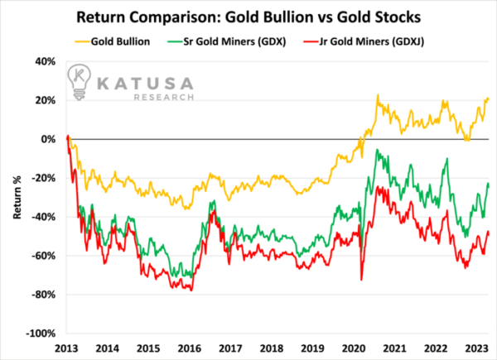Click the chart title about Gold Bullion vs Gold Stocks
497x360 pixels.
pyautogui.click(x=248, y=17)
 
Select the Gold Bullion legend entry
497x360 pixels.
pyautogui.click(x=112, y=41)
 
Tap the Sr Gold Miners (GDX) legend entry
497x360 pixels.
pyautogui.click(x=226, y=41)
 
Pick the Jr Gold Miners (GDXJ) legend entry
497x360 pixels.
pyautogui.click(x=364, y=41)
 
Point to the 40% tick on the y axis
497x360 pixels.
pyautogui.click(x=45, y=61)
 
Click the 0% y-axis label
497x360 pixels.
pyautogui.click(x=49, y=139)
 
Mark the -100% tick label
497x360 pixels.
pyautogui.click(x=41, y=334)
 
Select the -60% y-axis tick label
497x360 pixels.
pyautogui.click(x=43, y=256)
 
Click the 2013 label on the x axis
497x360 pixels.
pyautogui.click(x=66, y=348)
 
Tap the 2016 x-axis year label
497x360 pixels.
pyautogui.click(x=190, y=348)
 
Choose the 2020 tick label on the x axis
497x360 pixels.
pyautogui.click(x=354, y=348)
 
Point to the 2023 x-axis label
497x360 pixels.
pyautogui.click(x=477, y=348)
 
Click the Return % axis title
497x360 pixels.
pyautogui.click(x=17, y=197)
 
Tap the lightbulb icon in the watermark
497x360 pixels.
pyautogui.click(x=79, y=82)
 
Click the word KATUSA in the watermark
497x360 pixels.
pyautogui.click(x=145, y=84)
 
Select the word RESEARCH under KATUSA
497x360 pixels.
pyautogui.click(x=163, y=97)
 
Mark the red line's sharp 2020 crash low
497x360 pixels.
pyautogui.click(x=361, y=280)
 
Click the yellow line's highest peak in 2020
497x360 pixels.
pyautogui.click(x=378, y=94)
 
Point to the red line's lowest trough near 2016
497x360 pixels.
pyautogui.click(x=191, y=290)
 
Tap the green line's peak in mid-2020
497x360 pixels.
pyautogui.click(x=377, y=150)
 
